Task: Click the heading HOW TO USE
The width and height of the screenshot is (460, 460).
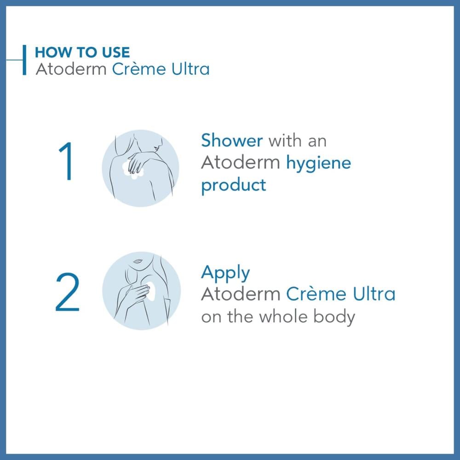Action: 82,52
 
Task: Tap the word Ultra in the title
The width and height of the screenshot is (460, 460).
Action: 190,69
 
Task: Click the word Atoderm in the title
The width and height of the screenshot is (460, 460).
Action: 71,69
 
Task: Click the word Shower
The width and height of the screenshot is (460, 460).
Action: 232,140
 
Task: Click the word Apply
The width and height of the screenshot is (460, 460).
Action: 225,273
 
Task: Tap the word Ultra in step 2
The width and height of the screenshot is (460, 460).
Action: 374,294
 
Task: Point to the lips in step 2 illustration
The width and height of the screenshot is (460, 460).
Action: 138,261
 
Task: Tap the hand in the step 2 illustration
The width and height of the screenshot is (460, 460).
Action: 136,294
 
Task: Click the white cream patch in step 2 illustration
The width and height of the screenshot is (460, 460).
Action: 150,291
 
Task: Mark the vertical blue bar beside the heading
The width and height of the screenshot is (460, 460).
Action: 24,60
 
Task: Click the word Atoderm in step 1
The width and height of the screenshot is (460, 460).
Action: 241,163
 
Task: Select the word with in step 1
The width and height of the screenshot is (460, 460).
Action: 285,140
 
